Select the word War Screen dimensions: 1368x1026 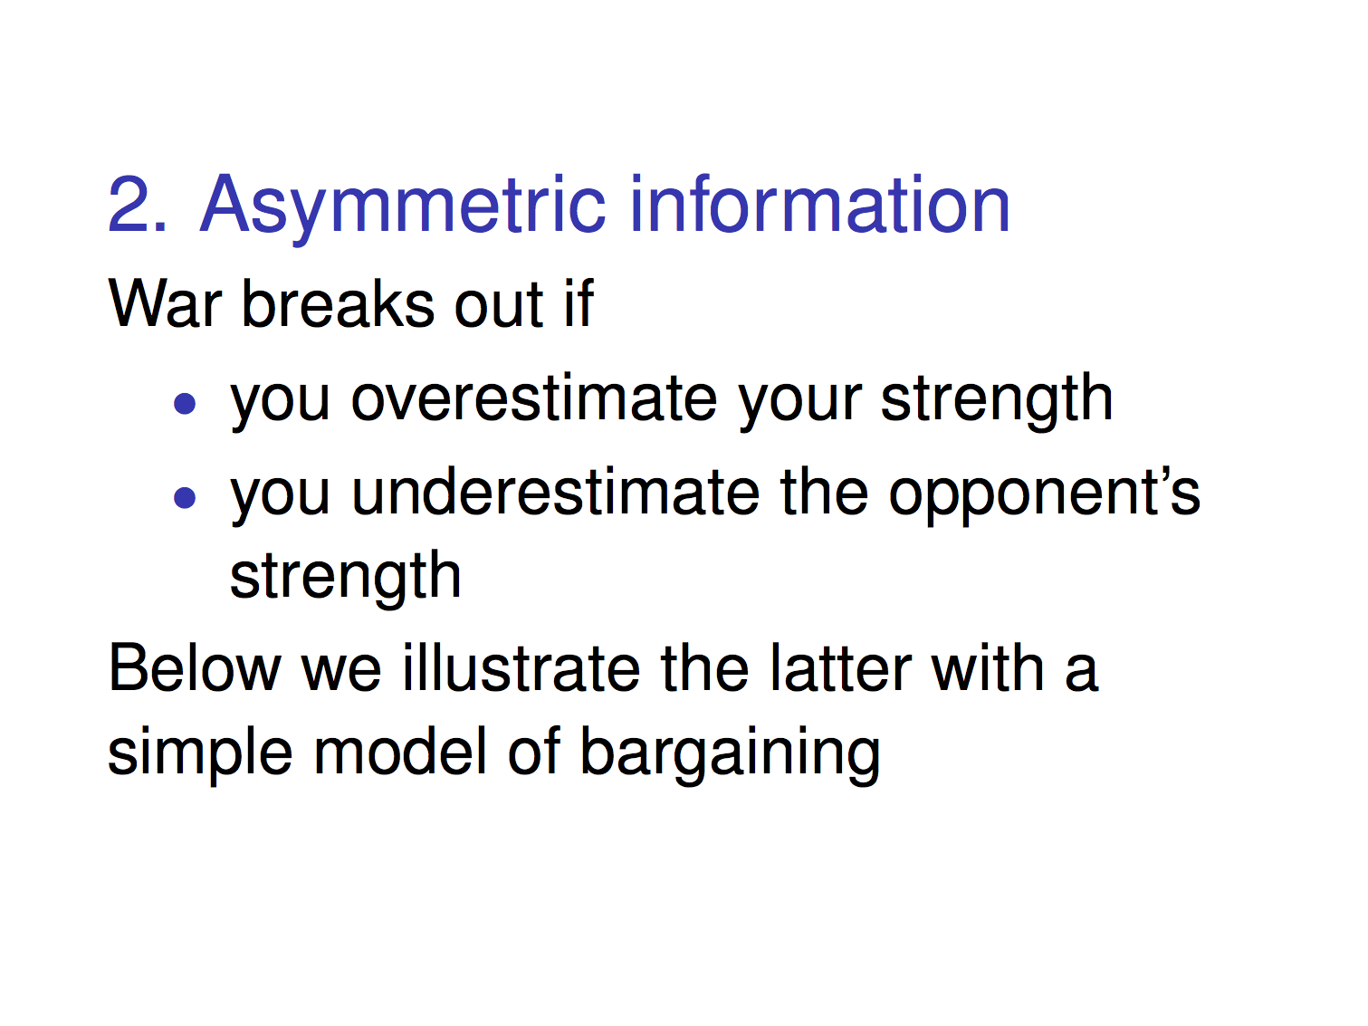click(x=165, y=303)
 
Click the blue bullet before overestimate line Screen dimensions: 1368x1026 click(x=185, y=404)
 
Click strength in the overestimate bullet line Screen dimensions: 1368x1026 click(x=997, y=401)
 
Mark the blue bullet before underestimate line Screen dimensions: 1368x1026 click(x=185, y=497)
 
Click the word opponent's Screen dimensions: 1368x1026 click(x=1045, y=496)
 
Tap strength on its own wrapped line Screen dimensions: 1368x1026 click(x=345, y=578)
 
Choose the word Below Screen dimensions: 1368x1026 click(x=195, y=667)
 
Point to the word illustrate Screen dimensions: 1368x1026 click(x=521, y=667)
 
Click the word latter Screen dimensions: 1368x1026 click(x=841, y=667)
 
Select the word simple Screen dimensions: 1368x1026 click(x=200, y=755)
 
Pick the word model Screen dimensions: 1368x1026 click(x=399, y=751)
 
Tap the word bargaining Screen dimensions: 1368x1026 click(x=729, y=755)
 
